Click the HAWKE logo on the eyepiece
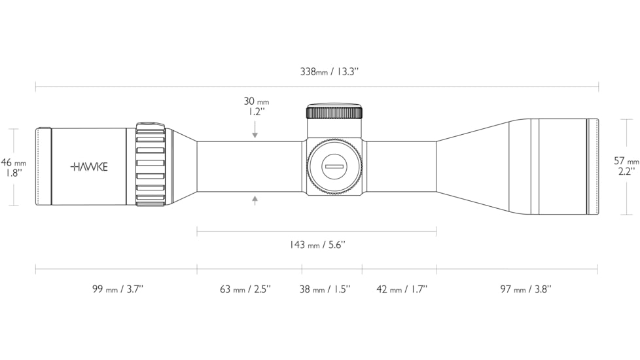(x=89, y=167)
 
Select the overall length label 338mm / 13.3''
(x=329, y=72)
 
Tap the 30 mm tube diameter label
(x=257, y=101)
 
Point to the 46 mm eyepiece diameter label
(x=14, y=162)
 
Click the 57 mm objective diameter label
(x=626, y=161)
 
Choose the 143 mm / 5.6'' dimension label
(x=317, y=245)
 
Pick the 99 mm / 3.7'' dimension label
(x=118, y=289)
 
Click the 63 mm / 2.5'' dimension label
(x=245, y=289)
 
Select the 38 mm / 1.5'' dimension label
(x=325, y=289)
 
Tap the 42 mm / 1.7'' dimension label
(x=402, y=289)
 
